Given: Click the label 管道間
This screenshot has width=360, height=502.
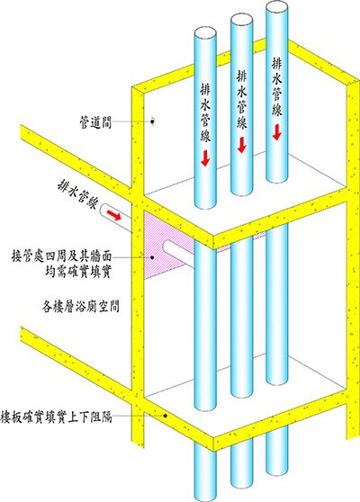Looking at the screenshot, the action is tap(95, 122).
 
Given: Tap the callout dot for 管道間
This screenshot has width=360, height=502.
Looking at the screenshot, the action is tap(153, 121).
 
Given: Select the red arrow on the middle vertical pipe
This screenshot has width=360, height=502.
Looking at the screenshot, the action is tap(242, 145).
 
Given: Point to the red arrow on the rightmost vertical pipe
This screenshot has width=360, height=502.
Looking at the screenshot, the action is tap(277, 132).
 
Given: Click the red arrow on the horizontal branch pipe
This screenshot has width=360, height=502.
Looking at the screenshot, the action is tap(114, 214).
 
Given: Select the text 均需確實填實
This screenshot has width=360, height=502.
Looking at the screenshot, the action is tap(78, 272).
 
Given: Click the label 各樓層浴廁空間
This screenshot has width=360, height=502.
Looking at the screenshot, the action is tap(81, 307).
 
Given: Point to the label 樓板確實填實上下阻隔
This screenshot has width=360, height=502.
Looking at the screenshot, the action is tap(57, 417).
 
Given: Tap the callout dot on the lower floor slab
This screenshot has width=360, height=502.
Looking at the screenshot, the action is tap(166, 416).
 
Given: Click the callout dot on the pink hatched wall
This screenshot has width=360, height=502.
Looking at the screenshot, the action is tap(153, 256).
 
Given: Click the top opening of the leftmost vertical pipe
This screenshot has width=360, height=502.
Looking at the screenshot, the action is tap(206, 33).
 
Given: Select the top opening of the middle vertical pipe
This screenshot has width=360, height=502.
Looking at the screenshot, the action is tap(242, 22).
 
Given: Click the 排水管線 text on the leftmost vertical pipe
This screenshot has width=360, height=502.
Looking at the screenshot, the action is tap(205, 113).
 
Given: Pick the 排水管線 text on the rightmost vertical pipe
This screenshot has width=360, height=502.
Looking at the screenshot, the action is tap(277, 86).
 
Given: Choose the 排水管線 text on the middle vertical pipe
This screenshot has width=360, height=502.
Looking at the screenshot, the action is tap(242, 100).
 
